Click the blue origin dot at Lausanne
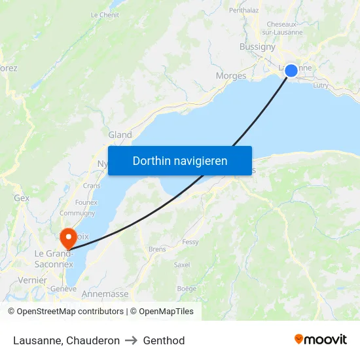pyautogui.click(x=291, y=71)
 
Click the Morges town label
pyautogui.click(x=231, y=76)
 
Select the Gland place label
pyautogui.click(x=120, y=135)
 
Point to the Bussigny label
pyautogui.click(x=257, y=47)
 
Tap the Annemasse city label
pyautogui.click(x=105, y=294)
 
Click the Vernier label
pyautogui.click(x=32, y=280)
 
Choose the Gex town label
pyautogui.click(x=22, y=198)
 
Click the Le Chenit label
pyautogui.click(x=105, y=14)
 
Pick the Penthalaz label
pyautogui.click(x=243, y=10)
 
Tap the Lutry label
pyautogui.click(x=321, y=85)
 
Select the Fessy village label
pyautogui.click(x=190, y=242)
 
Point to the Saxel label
pyautogui.click(x=182, y=265)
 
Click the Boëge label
pyautogui.click(x=187, y=288)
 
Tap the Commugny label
pyautogui.click(x=77, y=213)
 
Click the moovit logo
pyautogui.click(x=321, y=340)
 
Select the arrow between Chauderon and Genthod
pyautogui.click(x=132, y=340)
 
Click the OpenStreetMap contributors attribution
pyautogui.click(x=65, y=312)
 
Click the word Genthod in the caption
pyautogui.click(x=164, y=340)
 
